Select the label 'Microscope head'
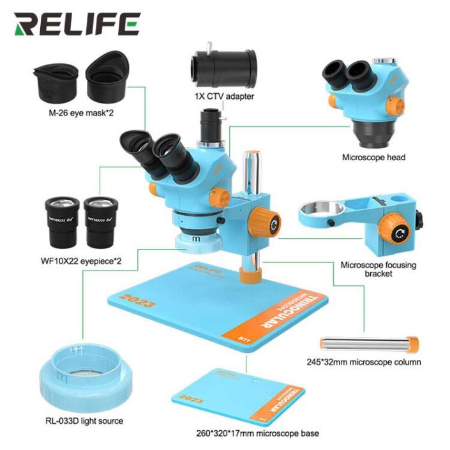pos(373,157)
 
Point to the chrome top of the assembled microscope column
pos(251,160)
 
